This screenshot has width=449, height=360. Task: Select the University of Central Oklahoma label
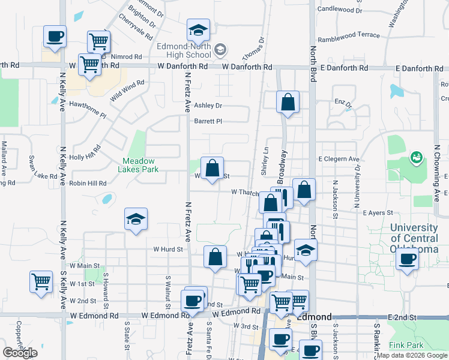414,238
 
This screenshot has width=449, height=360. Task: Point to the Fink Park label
406,345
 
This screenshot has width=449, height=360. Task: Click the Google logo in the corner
20,353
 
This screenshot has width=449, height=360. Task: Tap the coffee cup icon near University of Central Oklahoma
408,259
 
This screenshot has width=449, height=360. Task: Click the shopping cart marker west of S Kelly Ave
41,280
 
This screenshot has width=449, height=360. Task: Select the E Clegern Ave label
339,160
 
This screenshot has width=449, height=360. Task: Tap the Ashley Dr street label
208,106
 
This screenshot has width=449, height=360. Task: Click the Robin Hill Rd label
88,184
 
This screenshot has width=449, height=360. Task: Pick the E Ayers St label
378,213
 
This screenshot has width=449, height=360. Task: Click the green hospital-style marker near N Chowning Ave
415,158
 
